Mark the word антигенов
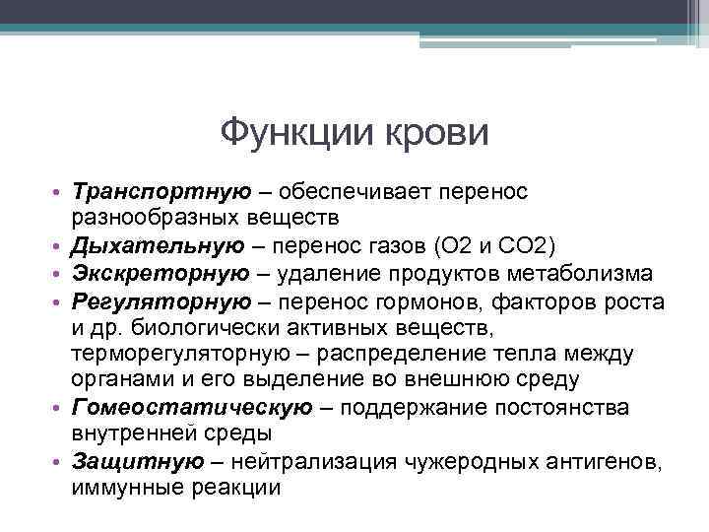click(610, 461)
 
